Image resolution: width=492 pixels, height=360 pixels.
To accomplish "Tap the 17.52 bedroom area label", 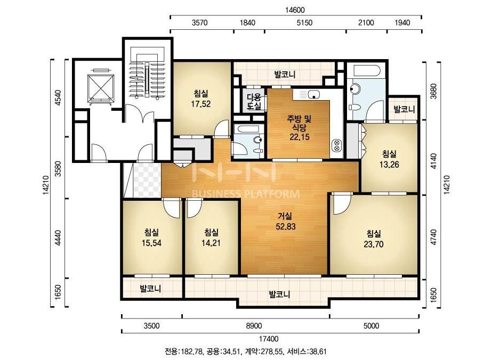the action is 201,104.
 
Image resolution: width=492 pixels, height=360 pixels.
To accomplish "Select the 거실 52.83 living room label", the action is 286,221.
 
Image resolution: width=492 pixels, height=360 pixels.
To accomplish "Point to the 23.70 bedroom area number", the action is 373,244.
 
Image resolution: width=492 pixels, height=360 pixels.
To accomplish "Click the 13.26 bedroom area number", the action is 389,165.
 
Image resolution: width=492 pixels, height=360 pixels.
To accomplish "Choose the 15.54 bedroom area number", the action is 151,243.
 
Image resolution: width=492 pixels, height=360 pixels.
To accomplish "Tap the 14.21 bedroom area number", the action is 211,243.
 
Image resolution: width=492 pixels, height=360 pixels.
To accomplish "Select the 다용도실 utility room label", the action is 254,101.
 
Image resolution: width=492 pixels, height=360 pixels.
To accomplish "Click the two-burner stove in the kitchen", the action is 337,145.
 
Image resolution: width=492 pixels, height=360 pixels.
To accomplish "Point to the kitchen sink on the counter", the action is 313,94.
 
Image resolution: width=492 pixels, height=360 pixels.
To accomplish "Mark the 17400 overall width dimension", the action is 268,339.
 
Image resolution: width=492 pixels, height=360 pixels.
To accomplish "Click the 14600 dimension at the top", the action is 295,10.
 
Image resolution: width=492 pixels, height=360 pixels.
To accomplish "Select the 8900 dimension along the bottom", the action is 254,326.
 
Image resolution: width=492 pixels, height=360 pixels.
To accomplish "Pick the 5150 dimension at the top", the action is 305,22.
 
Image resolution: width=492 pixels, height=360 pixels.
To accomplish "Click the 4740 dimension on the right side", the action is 433,238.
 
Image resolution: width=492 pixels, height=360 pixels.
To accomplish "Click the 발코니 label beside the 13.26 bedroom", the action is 404,110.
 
